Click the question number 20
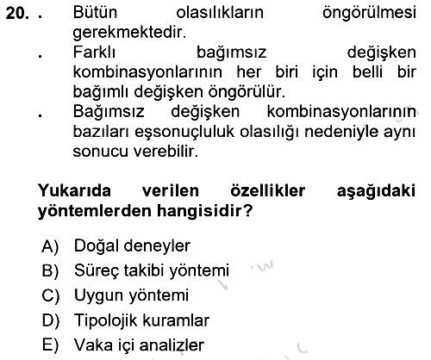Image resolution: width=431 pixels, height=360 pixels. [17, 13]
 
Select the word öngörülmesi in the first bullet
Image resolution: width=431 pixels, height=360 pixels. [369, 13]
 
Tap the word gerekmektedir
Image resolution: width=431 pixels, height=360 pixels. [129, 32]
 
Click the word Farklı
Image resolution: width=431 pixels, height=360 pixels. [94, 53]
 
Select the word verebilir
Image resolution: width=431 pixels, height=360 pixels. [166, 152]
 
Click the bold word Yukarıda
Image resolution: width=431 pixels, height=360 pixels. [74, 190]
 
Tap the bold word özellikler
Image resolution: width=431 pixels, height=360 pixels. [268, 190]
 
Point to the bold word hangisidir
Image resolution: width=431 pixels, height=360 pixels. [204, 211]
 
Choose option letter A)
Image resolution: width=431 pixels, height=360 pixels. [50, 246]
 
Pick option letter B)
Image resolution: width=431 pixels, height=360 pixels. [50, 270]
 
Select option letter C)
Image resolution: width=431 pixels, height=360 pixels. [51, 295]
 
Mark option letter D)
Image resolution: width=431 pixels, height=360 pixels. [51, 320]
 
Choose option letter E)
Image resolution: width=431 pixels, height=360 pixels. [50, 345]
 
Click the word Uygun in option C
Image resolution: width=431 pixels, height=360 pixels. [99, 296]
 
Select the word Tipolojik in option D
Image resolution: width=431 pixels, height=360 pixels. [106, 320]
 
